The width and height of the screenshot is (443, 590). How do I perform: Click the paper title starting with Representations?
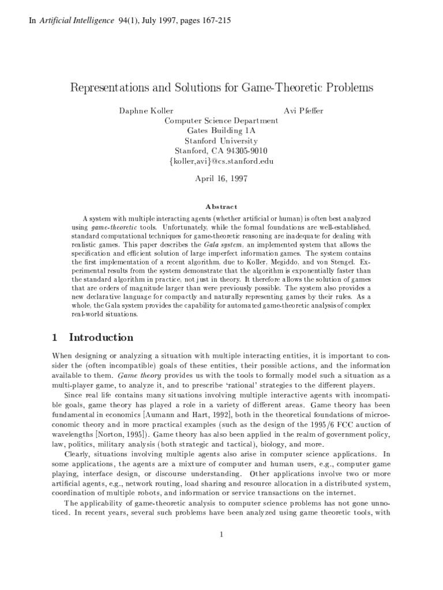(x=221, y=88)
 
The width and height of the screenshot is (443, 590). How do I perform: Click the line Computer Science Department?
(x=221, y=121)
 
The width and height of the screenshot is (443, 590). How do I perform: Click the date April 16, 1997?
(x=221, y=179)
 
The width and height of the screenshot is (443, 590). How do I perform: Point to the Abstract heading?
(x=221, y=207)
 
